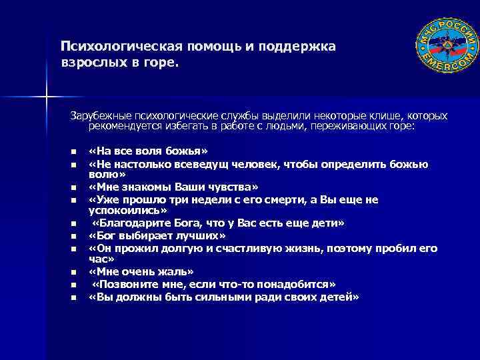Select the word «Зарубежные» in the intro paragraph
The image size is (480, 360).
(99, 116)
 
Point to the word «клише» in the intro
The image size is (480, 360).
(383, 116)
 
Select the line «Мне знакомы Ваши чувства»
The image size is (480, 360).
(173, 187)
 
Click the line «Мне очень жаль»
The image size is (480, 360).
(141, 271)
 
